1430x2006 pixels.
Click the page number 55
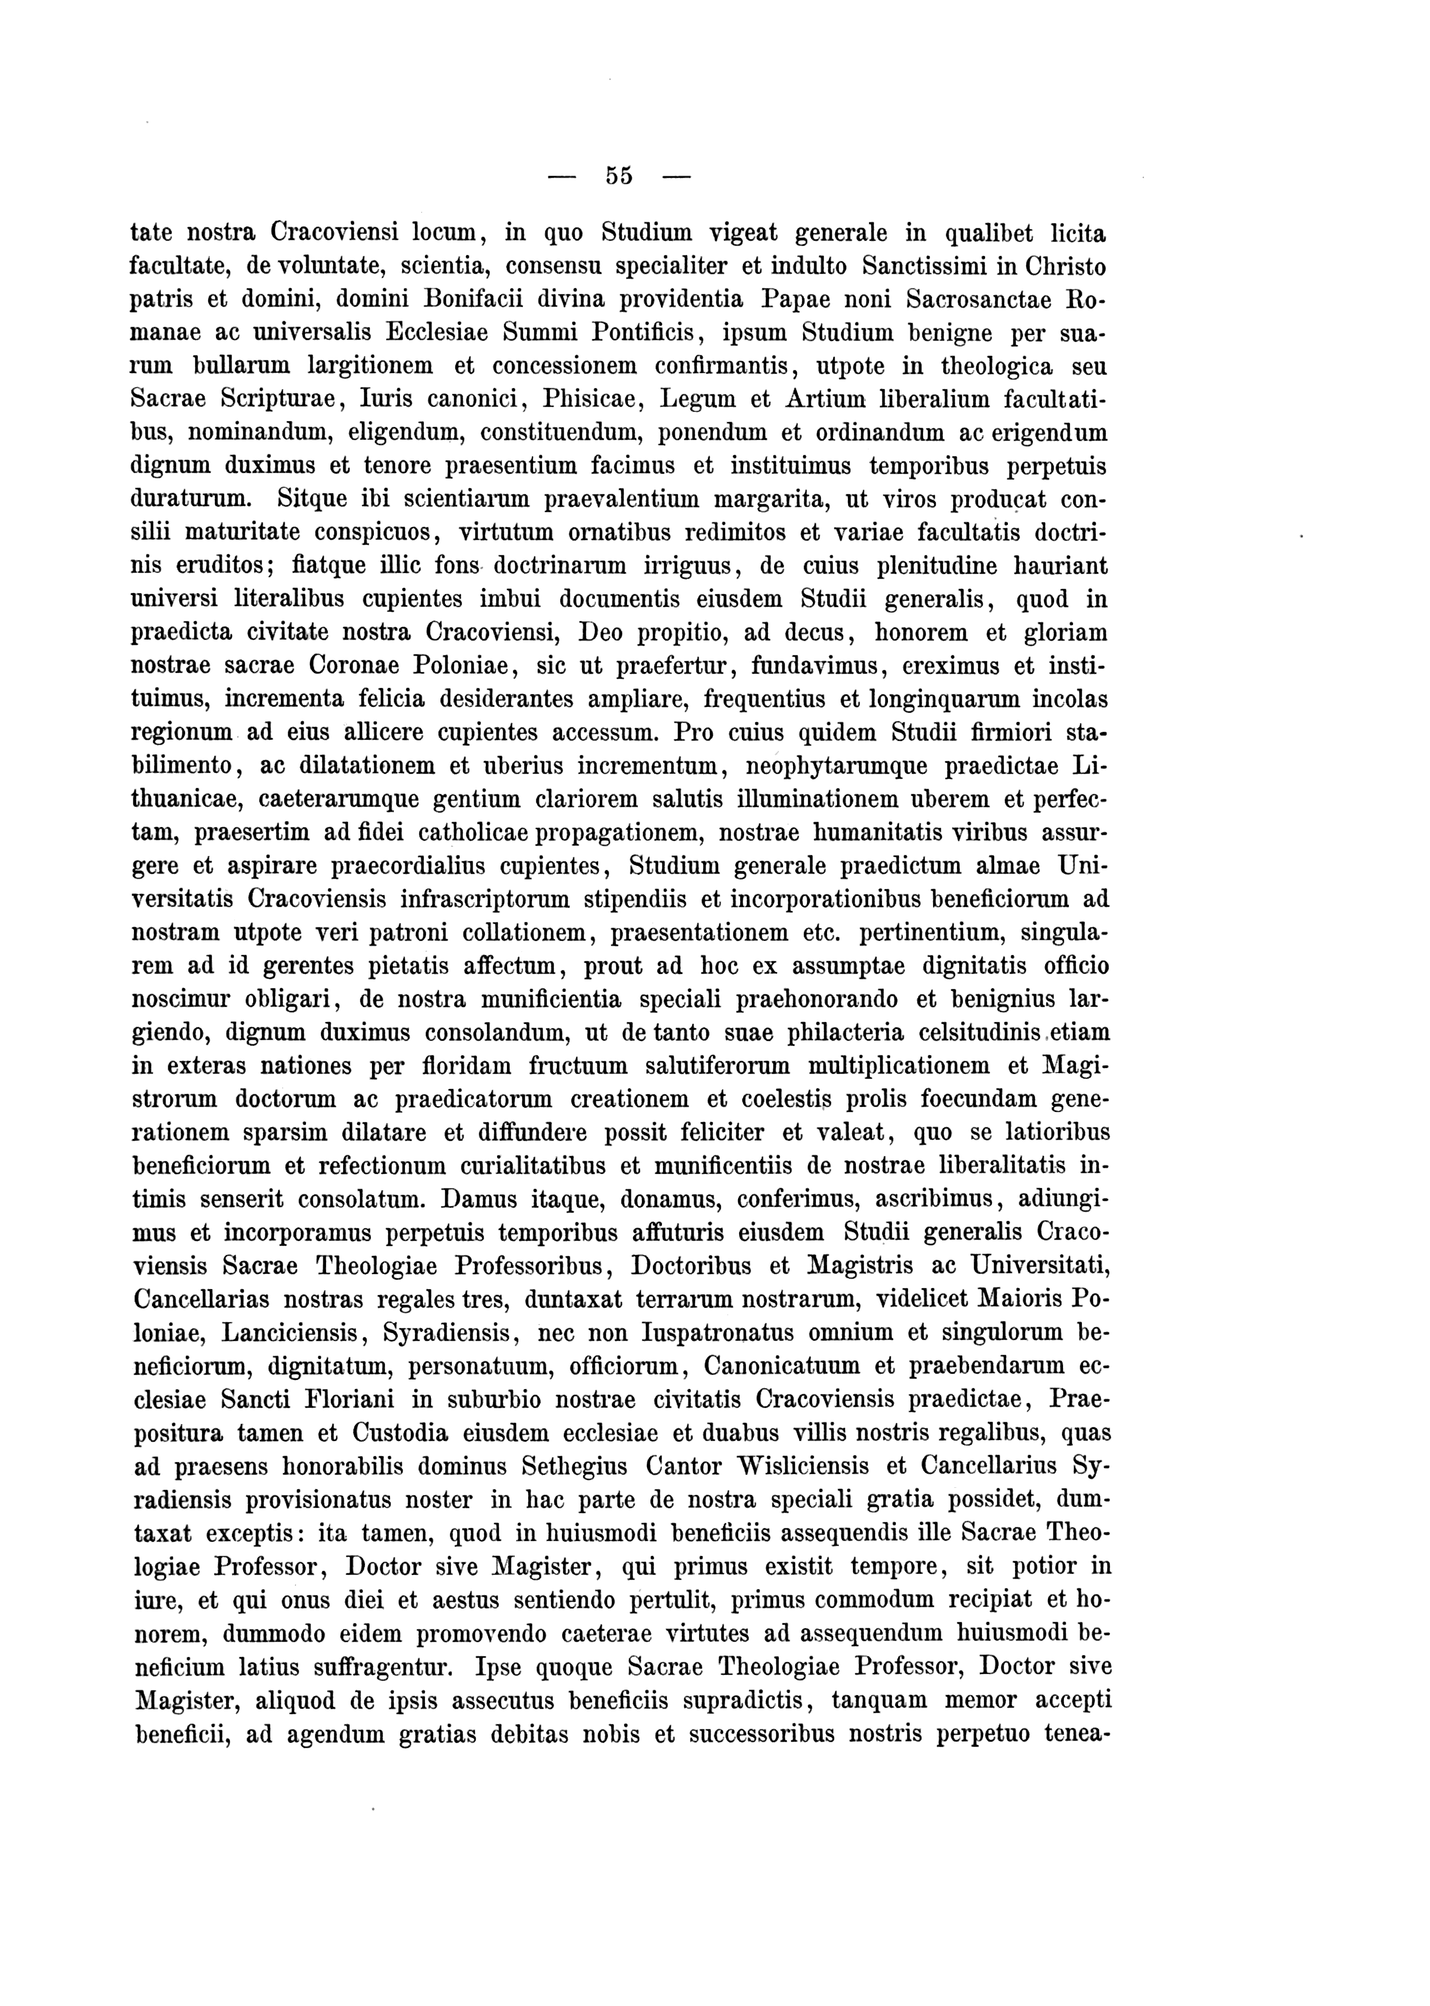tap(619, 175)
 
